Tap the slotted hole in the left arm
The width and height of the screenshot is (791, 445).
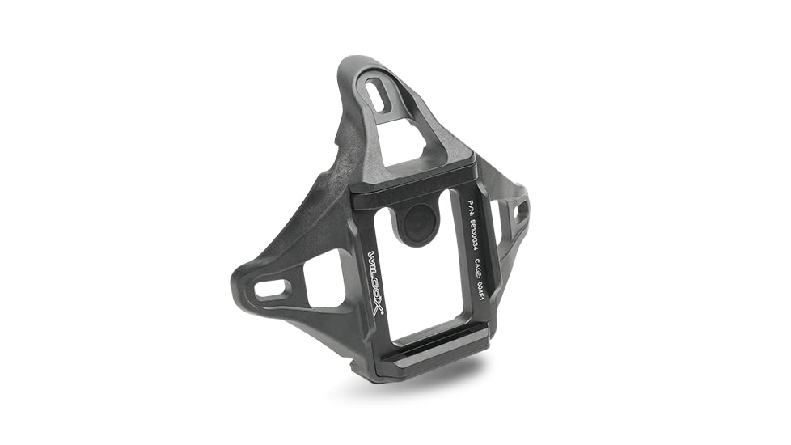point(273,287)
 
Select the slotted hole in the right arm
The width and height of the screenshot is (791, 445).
point(521,211)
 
